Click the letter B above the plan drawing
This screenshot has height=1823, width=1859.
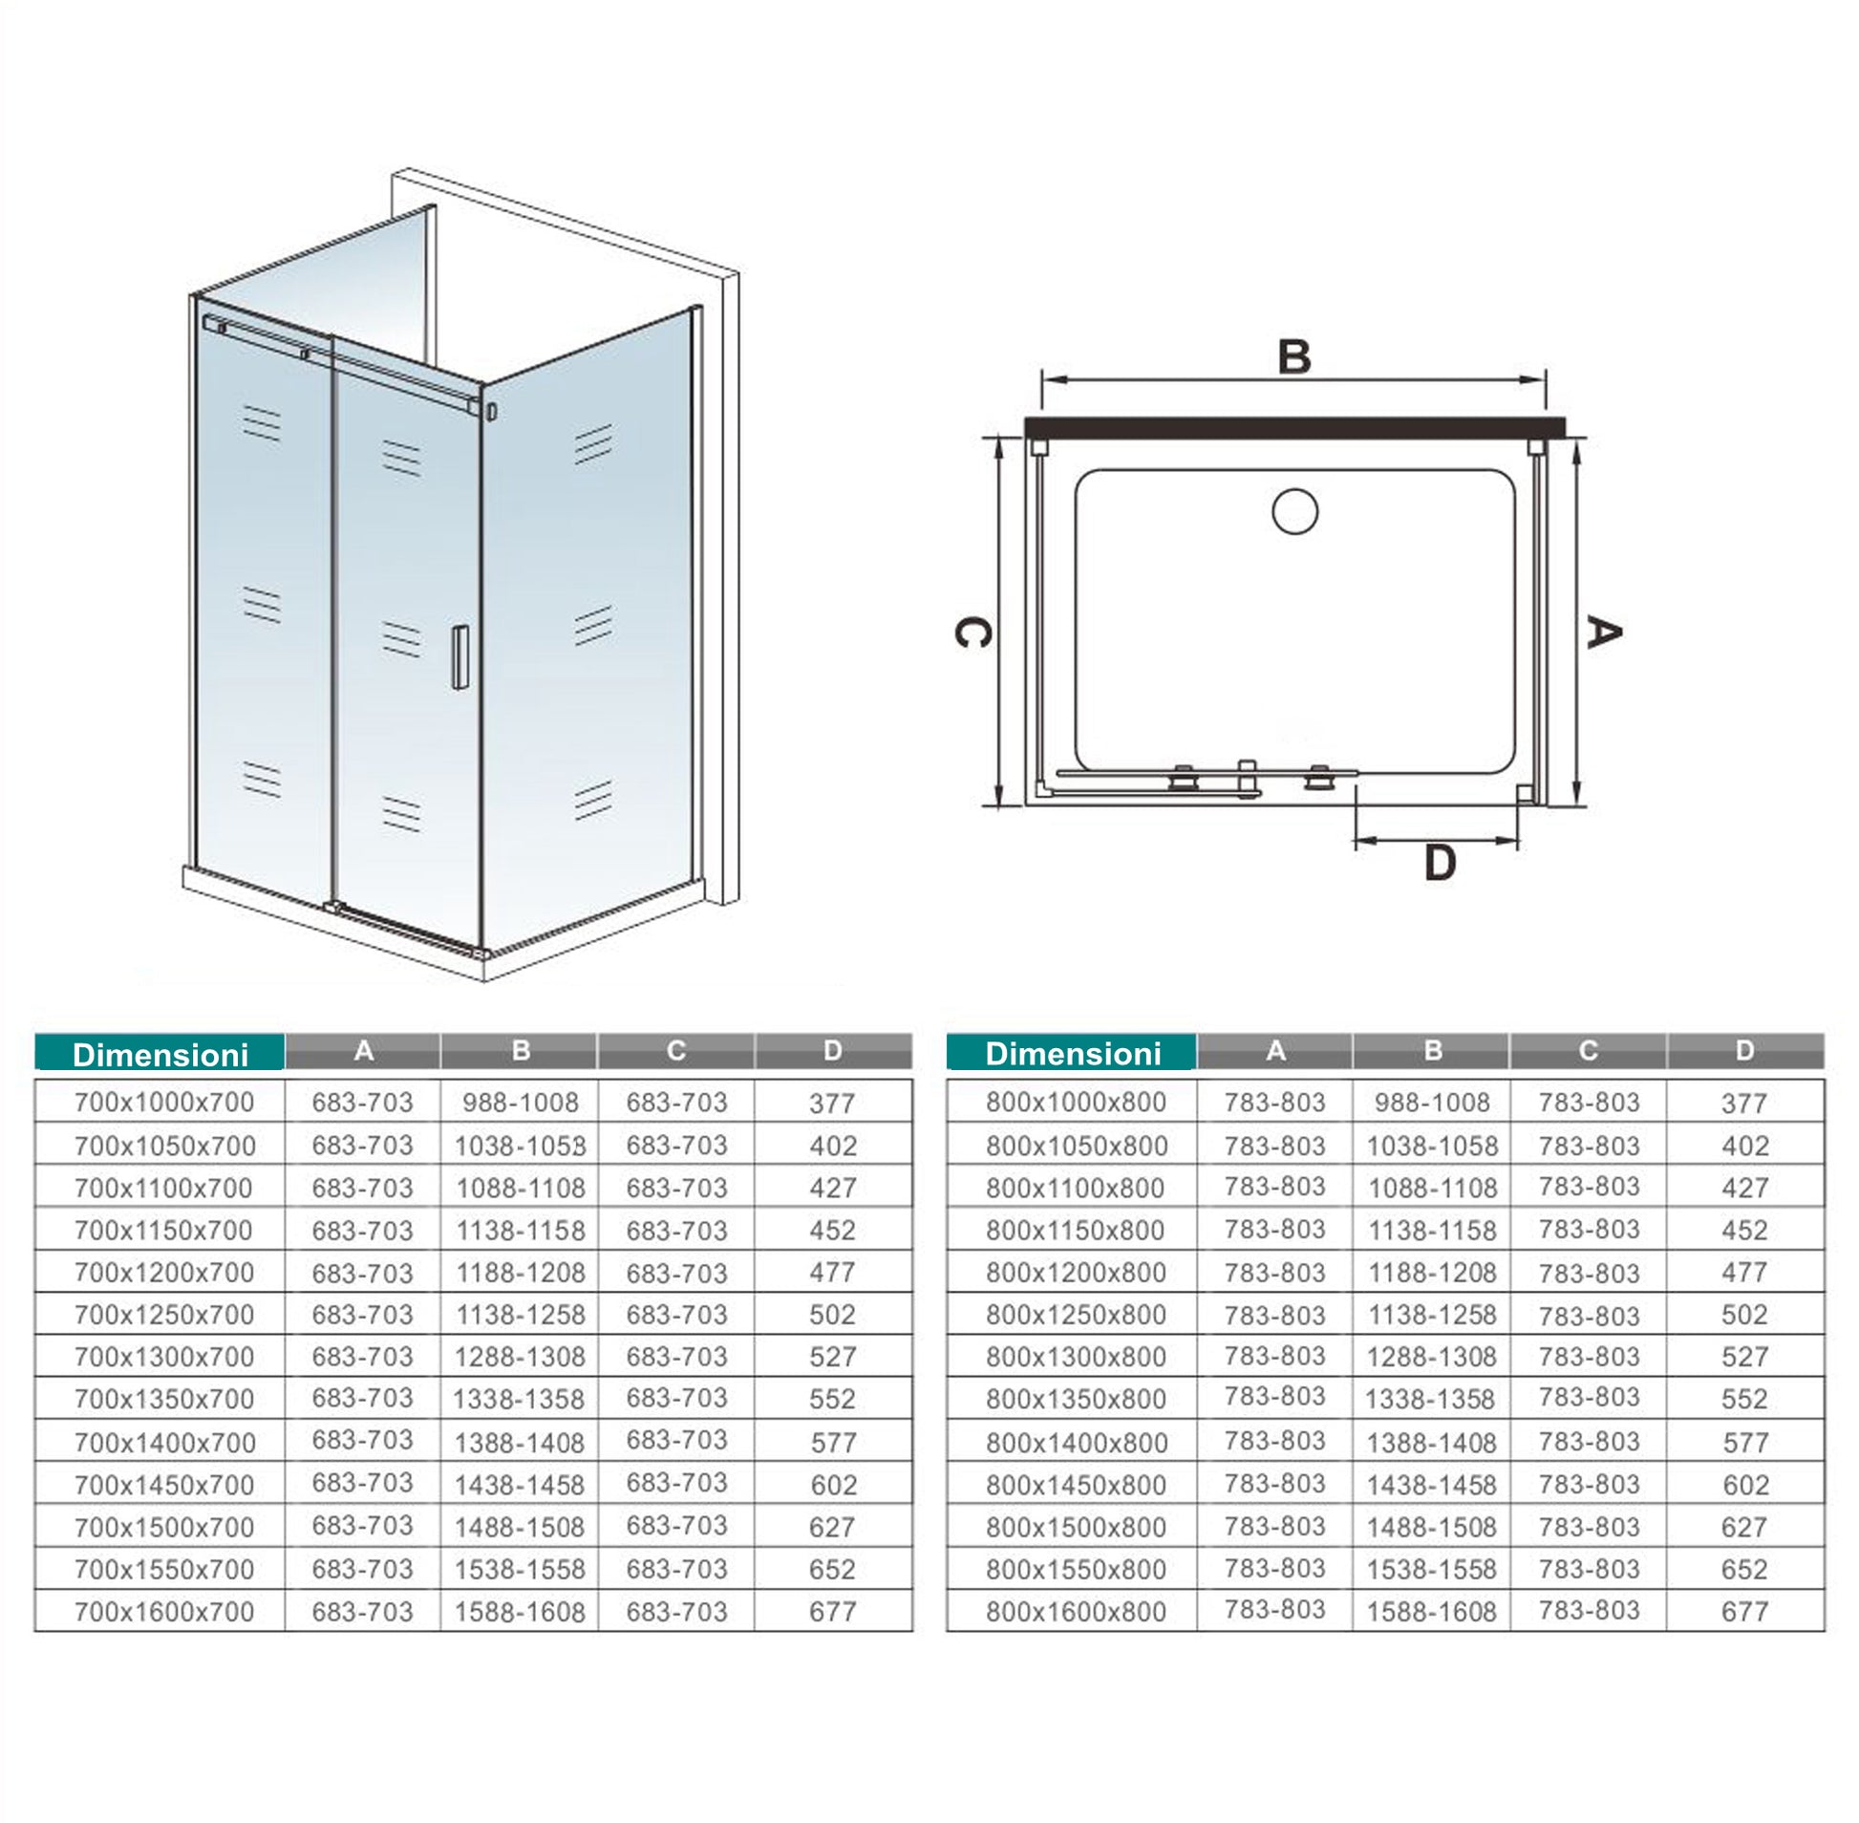(x=1293, y=357)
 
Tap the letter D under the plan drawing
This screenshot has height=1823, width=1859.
(x=1440, y=863)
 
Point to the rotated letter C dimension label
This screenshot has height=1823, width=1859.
(x=972, y=632)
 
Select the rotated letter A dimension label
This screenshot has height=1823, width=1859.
(x=1603, y=632)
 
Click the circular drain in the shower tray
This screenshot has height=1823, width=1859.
(x=1294, y=511)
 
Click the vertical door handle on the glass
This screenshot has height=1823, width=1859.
(x=460, y=656)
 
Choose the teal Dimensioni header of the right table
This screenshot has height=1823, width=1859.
(x=1072, y=1053)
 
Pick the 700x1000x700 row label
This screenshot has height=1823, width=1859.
(x=163, y=1102)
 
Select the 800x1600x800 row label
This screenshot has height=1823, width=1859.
(x=1076, y=1612)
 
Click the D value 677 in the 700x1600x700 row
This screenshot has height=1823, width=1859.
(x=832, y=1612)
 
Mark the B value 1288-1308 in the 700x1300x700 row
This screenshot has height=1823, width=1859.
(x=520, y=1357)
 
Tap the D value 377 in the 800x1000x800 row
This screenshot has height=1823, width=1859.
(x=1744, y=1103)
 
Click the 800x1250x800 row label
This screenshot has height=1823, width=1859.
(x=1076, y=1315)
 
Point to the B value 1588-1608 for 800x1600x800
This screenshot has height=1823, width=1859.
(x=1431, y=1612)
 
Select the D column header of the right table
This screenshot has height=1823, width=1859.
(x=1744, y=1051)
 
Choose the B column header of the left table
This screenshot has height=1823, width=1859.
(x=520, y=1051)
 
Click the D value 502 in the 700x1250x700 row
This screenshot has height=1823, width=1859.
(x=832, y=1315)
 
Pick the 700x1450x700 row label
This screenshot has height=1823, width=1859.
(x=163, y=1485)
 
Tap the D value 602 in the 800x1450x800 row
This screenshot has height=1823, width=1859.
(x=1744, y=1485)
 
